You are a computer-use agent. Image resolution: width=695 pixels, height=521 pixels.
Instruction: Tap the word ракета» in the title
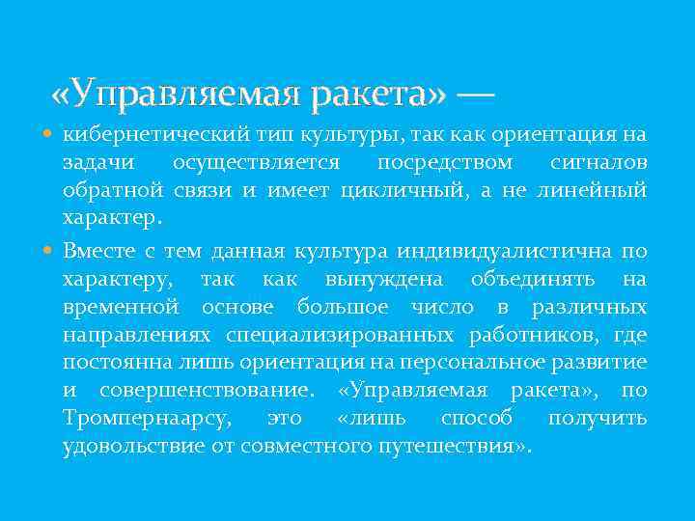tap(383, 95)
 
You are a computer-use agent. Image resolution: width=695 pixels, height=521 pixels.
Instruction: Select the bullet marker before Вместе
tap(49, 252)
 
